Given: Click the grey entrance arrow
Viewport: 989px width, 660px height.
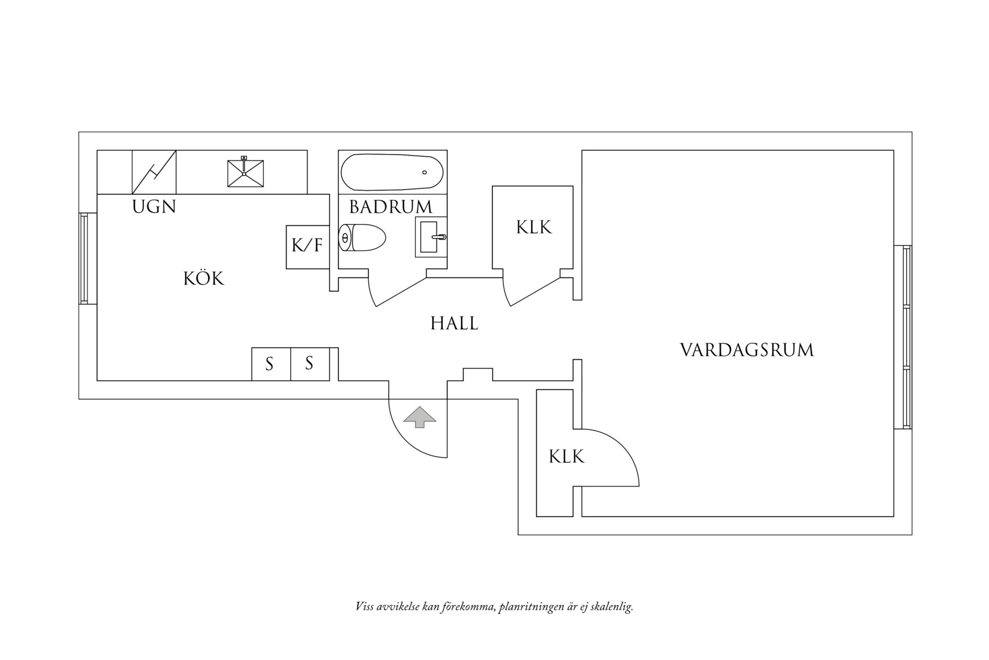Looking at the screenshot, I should click(x=419, y=417).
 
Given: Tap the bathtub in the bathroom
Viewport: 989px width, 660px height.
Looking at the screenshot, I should click(x=392, y=172).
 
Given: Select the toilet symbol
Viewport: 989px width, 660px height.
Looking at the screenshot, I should click(x=362, y=238).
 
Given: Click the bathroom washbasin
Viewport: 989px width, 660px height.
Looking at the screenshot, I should click(x=431, y=237).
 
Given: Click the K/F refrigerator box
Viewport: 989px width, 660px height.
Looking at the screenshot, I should click(x=307, y=246).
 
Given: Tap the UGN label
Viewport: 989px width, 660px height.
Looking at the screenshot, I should click(x=154, y=207).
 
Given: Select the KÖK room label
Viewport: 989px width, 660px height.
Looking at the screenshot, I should click(x=203, y=279).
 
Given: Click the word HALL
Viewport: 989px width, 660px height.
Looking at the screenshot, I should click(x=454, y=324).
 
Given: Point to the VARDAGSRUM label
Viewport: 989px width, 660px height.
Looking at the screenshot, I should click(x=746, y=350).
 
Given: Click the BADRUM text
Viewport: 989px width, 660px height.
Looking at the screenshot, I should click(x=390, y=207).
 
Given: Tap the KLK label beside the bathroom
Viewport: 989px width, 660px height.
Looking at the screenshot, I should click(x=533, y=227).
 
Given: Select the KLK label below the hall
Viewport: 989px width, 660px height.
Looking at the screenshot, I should click(x=566, y=457).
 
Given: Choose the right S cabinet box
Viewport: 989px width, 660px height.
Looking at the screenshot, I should click(x=309, y=364).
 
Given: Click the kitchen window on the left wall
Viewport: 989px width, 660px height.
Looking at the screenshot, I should click(x=84, y=259).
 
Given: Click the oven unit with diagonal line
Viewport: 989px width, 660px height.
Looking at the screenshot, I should click(x=154, y=172).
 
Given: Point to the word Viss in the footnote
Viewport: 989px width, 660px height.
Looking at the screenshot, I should click(x=364, y=607).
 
